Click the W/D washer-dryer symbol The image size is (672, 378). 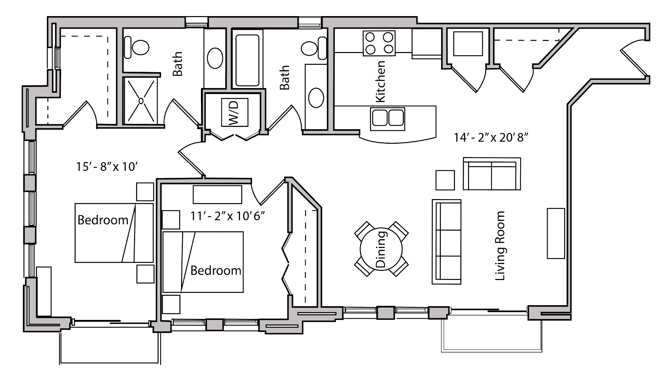[x=235, y=112]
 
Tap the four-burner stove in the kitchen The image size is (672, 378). [x=379, y=43]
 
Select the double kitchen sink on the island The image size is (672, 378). [x=387, y=118]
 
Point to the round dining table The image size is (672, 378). [x=381, y=249]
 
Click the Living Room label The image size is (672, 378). [x=500, y=246]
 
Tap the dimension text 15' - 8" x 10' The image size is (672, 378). [x=107, y=167]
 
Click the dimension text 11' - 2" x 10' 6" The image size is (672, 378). [x=227, y=216]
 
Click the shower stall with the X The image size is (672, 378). [x=141, y=100]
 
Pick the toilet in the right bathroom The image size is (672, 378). [x=313, y=48]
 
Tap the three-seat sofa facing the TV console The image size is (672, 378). [x=446, y=242]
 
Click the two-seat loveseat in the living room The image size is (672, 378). [x=492, y=174]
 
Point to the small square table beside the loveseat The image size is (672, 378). [x=445, y=180]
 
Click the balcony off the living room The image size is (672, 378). [x=491, y=331]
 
